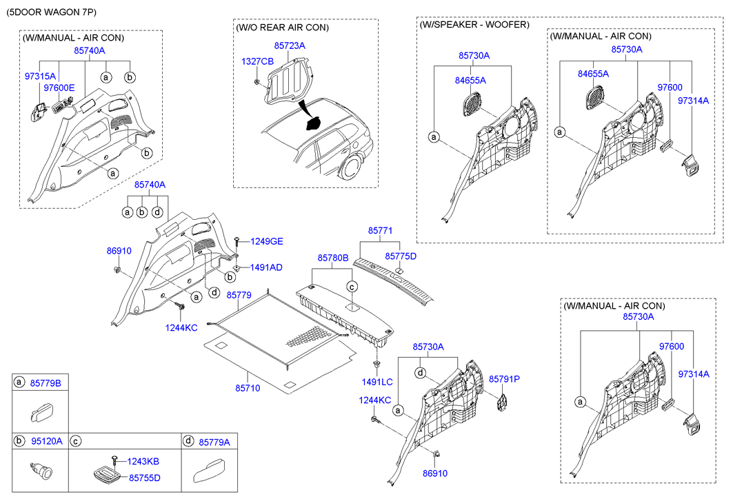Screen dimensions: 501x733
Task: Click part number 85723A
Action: (289, 45)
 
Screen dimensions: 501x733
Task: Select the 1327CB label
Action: (257, 61)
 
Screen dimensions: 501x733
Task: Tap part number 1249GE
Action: (267, 241)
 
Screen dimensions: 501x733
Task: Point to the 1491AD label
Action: (267, 267)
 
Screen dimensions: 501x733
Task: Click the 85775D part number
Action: (401, 256)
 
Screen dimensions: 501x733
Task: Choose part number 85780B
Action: (333, 257)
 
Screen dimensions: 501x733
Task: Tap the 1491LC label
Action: (377, 381)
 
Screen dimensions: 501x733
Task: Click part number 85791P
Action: (504, 379)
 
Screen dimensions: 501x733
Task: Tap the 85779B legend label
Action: (46, 382)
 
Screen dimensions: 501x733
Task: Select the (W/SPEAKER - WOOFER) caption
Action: (474, 24)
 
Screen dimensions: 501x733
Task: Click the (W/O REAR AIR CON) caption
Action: (282, 28)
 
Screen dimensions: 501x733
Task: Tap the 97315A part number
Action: (40, 76)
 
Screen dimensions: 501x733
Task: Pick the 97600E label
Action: (59, 88)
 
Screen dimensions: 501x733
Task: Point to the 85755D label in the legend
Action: (144, 477)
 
